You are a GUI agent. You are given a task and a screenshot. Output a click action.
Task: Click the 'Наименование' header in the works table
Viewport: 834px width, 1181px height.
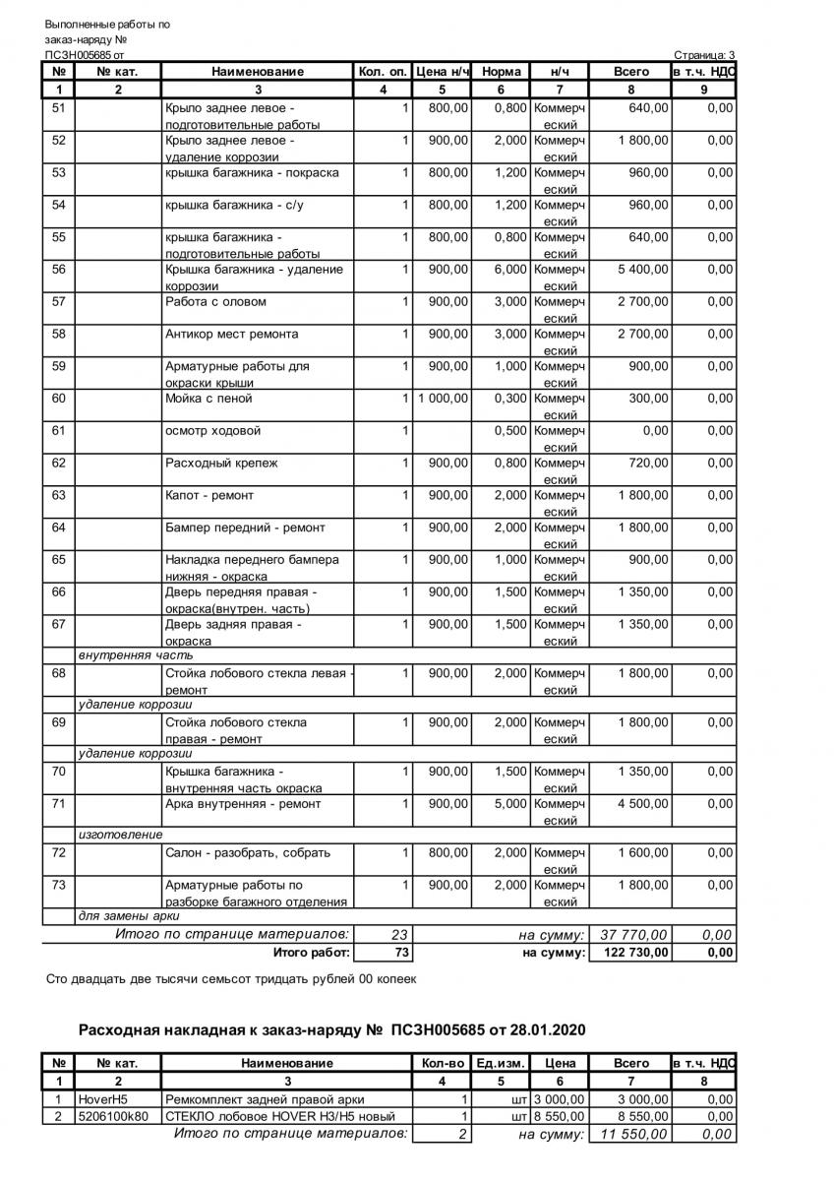pos(258,71)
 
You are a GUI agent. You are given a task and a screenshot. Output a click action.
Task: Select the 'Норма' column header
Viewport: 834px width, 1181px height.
pos(502,71)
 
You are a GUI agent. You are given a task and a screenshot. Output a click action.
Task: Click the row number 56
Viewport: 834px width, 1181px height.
pos(58,270)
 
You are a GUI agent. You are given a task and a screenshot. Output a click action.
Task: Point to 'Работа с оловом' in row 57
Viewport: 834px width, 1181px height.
pos(215,302)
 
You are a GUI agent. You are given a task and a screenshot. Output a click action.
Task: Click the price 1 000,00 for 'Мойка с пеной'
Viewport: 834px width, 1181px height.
pos(443,399)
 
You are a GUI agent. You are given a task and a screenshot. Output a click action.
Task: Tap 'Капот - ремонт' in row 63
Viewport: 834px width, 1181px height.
pos(209,495)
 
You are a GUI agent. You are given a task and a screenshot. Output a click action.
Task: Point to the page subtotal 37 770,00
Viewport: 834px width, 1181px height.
pos(633,934)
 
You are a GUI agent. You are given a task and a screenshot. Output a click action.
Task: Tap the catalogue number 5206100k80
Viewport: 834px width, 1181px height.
pos(115,1116)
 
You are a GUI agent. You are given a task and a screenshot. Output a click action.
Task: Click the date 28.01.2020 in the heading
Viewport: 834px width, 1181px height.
pos(549,1030)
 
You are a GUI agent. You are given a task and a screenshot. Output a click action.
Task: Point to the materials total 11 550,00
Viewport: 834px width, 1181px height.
pos(633,1135)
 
